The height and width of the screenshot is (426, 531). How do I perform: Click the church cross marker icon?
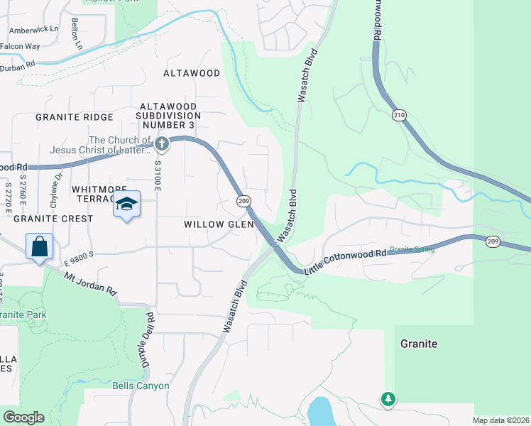[x=162, y=144]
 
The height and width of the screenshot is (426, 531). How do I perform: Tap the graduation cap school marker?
[x=127, y=204]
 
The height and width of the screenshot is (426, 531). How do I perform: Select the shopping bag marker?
[x=40, y=246]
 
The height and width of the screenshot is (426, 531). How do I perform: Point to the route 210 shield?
[x=398, y=114]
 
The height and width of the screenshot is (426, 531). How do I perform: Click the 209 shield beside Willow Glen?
[x=243, y=202]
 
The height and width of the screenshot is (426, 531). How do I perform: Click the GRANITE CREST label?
[x=53, y=219]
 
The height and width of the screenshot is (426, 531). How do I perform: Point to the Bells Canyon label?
[x=141, y=386]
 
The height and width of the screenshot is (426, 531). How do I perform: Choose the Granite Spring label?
[x=412, y=249]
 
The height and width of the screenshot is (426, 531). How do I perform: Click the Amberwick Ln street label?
[x=34, y=29]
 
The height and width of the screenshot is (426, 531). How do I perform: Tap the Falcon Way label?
[x=20, y=47]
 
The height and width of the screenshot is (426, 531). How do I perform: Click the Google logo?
[x=23, y=417]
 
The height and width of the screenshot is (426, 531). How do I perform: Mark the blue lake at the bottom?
[x=321, y=411]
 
